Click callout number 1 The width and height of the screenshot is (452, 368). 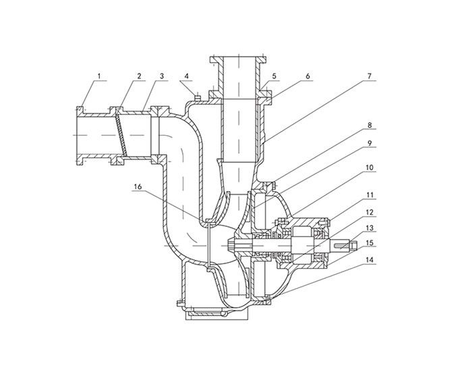coord(99,76)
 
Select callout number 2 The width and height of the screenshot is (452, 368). coord(139,76)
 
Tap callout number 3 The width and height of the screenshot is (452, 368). coord(162,76)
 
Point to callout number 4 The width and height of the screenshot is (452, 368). coord(187,76)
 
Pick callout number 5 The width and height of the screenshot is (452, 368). coord(274,76)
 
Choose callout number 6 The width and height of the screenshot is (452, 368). coord(308,76)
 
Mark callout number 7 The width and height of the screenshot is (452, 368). coord(370,76)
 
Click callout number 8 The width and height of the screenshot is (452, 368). coord(370,126)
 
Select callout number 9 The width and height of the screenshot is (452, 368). coord(370,143)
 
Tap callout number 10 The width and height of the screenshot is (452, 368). coord(369,167)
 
